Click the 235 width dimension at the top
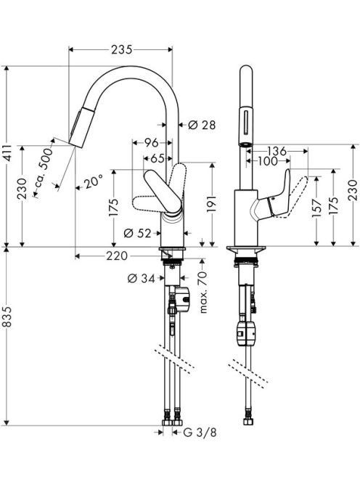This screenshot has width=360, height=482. pyautogui.click(x=122, y=49)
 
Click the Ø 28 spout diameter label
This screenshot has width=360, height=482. pyautogui.click(x=202, y=125)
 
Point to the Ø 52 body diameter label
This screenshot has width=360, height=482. pyautogui.click(x=137, y=234)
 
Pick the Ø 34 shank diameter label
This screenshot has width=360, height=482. pyautogui.click(x=141, y=279)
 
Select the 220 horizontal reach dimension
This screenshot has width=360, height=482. pyautogui.click(x=117, y=256)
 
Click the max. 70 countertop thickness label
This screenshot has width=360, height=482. pyautogui.click(x=203, y=293)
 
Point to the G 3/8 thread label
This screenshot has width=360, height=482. pyautogui.click(x=200, y=433)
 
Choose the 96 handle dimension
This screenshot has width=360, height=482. pyautogui.click(x=152, y=142)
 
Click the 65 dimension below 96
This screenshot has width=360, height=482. pyautogui.click(x=157, y=159)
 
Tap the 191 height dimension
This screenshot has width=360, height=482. pyautogui.click(x=212, y=204)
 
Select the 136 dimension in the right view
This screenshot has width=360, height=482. pyautogui.click(x=277, y=151)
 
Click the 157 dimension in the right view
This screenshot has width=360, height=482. pyautogui.click(x=317, y=208)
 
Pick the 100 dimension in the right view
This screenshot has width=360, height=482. pyautogui.click(x=268, y=160)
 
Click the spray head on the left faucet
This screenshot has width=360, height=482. pyautogui.click(x=78, y=126)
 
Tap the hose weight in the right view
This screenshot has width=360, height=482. pyautogui.click(x=245, y=333)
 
